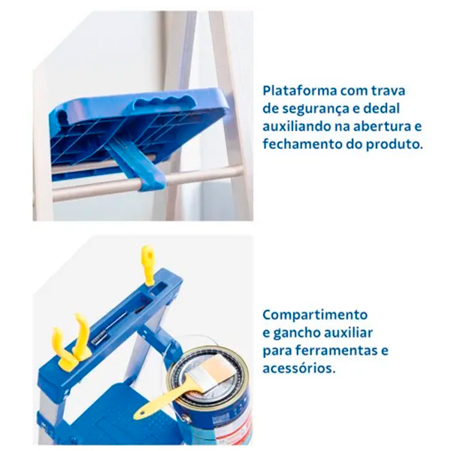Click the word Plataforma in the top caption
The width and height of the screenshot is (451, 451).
[x=300, y=91]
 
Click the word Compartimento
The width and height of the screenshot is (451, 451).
[x=315, y=315]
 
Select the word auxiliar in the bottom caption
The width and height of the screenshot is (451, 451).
[x=349, y=332]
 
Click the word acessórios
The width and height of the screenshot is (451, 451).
[x=299, y=368]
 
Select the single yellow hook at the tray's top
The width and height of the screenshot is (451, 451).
[x=148, y=265]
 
